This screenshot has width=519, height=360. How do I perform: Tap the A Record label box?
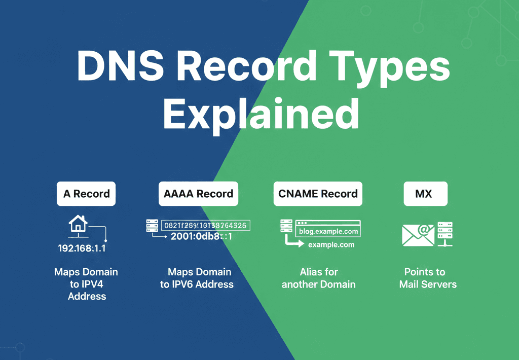pyautogui.click(x=86, y=194)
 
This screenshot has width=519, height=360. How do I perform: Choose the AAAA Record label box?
pyautogui.click(x=198, y=194)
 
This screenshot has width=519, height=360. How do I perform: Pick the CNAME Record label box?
pyautogui.click(x=318, y=194)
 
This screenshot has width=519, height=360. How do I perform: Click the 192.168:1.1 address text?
pyautogui.click(x=82, y=248)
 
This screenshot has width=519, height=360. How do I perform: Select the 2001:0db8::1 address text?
pyautogui.click(x=201, y=236)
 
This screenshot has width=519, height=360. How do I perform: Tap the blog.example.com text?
pyautogui.click(x=328, y=232)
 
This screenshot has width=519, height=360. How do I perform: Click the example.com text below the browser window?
pyautogui.click(x=331, y=244)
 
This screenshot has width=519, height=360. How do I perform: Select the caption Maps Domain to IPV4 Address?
pyautogui.click(x=86, y=284)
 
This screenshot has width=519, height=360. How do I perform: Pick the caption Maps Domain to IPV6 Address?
pyautogui.click(x=197, y=278)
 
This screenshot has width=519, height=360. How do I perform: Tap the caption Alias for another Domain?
pyautogui.click(x=318, y=278)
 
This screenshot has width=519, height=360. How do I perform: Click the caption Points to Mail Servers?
pyautogui.click(x=428, y=278)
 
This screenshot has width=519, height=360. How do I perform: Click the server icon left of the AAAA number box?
pyautogui.click(x=152, y=226)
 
